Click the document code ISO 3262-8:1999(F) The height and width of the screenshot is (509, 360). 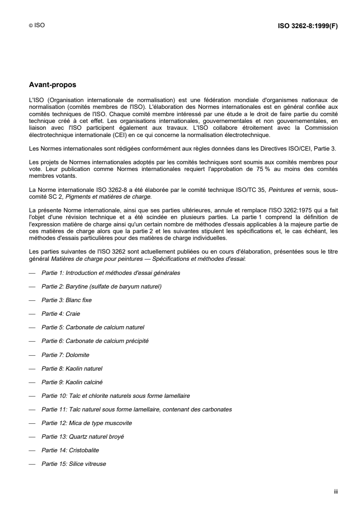(x=307, y=26)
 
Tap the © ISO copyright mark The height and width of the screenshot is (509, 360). (x=37, y=26)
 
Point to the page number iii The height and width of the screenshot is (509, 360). (x=336, y=491)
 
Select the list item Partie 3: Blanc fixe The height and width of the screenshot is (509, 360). (x=67, y=300)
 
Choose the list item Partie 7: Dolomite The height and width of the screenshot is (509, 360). (x=65, y=354)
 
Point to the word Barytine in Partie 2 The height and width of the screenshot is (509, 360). (x=80, y=286)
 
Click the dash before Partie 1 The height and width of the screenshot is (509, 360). (x=32, y=273)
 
